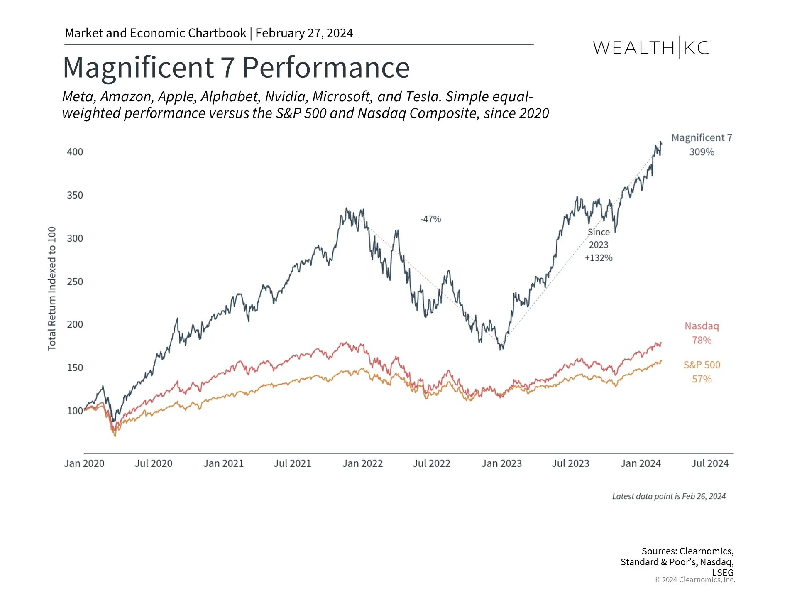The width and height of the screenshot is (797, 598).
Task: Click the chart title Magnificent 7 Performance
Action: click(236, 67)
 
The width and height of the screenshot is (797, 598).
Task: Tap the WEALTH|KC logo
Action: click(651, 48)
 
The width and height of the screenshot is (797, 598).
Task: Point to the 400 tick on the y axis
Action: click(75, 152)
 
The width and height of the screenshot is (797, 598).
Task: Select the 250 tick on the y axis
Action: click(75, 282)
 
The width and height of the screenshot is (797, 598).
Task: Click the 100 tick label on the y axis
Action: click(75, 411)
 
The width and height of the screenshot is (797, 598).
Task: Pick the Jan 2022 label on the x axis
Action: click(362, 463)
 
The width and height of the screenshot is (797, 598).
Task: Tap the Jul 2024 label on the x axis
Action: click(710, 463)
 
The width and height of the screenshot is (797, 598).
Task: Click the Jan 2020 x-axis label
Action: click(84, 463)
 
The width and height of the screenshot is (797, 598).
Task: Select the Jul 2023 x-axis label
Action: click(570, 463)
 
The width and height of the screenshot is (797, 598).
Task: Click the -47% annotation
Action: click(430, 219)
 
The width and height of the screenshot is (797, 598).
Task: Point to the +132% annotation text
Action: click(599, 258)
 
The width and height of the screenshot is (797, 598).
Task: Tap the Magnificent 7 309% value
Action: click(702, 152)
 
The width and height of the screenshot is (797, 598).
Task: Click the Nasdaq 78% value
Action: click(702, 341)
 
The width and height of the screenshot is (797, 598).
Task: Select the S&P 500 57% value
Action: click(702, 379)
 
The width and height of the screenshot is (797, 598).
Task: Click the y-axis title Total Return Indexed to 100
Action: click(52, 289)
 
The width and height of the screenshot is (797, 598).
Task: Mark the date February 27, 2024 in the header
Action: click(304, 33)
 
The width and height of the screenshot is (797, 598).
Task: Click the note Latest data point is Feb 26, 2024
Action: click(669, 496)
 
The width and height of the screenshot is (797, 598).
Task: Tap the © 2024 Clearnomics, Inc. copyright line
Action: click(694, 580)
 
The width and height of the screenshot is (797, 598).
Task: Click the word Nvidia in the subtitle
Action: click(286, 96)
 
